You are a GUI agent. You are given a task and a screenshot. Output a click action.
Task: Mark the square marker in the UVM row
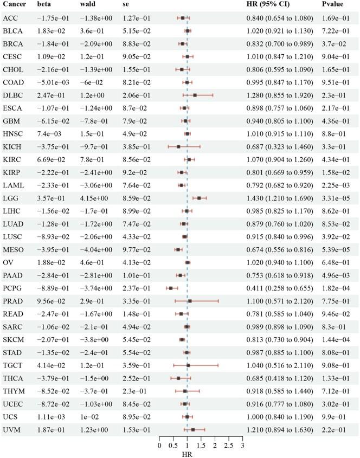193,430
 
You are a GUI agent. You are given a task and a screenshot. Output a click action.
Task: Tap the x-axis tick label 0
159,446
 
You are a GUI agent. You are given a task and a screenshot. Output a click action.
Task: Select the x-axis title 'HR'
187,454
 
